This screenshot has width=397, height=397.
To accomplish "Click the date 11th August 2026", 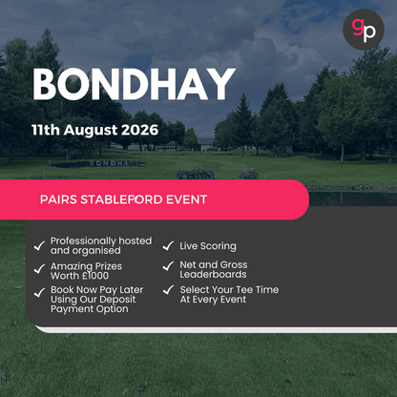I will [94, 127].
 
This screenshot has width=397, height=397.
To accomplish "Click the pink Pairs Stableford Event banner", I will [153, 200].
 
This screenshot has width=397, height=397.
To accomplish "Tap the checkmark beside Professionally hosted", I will [38, 244].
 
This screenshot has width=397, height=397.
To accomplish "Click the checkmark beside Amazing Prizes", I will [38, 269].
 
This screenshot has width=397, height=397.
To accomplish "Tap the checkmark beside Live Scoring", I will [168, 246].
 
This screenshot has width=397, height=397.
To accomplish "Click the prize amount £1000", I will [101, 276].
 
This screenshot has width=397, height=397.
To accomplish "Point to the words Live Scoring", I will [208, 246].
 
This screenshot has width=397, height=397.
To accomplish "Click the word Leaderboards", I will [214, 275].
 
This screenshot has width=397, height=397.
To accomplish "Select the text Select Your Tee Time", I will [229, 289].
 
